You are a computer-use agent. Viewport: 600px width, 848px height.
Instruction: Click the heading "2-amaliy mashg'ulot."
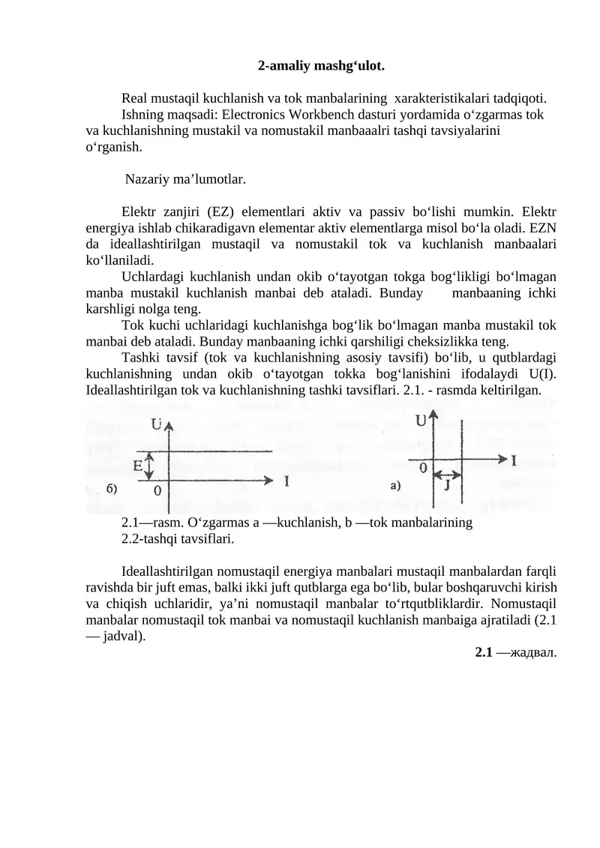321,65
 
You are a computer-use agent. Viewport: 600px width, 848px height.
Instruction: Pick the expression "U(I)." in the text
539,375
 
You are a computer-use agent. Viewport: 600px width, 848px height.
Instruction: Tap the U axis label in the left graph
160,424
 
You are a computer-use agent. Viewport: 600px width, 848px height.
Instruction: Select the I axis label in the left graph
288,481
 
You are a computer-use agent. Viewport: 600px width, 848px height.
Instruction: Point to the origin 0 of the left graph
157,491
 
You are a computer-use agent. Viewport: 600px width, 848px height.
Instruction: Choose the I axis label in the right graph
514,458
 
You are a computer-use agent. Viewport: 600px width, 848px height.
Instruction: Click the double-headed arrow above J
448,474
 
